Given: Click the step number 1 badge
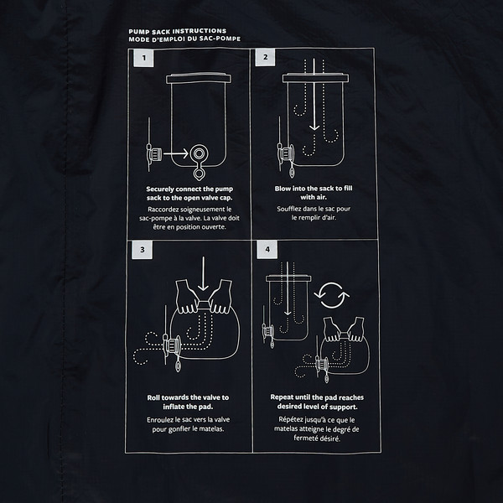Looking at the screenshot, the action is click(143, 58).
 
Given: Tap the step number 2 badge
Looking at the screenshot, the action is click(265, 57).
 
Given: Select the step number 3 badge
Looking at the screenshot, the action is click(143, 250).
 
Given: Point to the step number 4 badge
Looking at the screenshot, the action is click(267, 249).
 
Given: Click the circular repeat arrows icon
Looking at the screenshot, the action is click(331, 295).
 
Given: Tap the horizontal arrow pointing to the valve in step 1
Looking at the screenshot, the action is click(175, 153).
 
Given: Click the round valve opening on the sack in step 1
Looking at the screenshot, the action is click(199, 154).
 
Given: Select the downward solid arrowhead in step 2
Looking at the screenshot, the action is click(314, 127).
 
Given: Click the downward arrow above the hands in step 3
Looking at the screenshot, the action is click(203, 273).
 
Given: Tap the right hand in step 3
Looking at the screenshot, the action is click(221, 297).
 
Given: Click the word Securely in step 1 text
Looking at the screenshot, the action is click(160, 189).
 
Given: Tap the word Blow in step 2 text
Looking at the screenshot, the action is click(283, 189).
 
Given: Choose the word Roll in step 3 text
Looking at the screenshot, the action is click(153, 397).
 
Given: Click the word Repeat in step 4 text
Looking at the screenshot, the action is click(282, 397).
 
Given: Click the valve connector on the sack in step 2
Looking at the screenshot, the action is click(286, 153).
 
